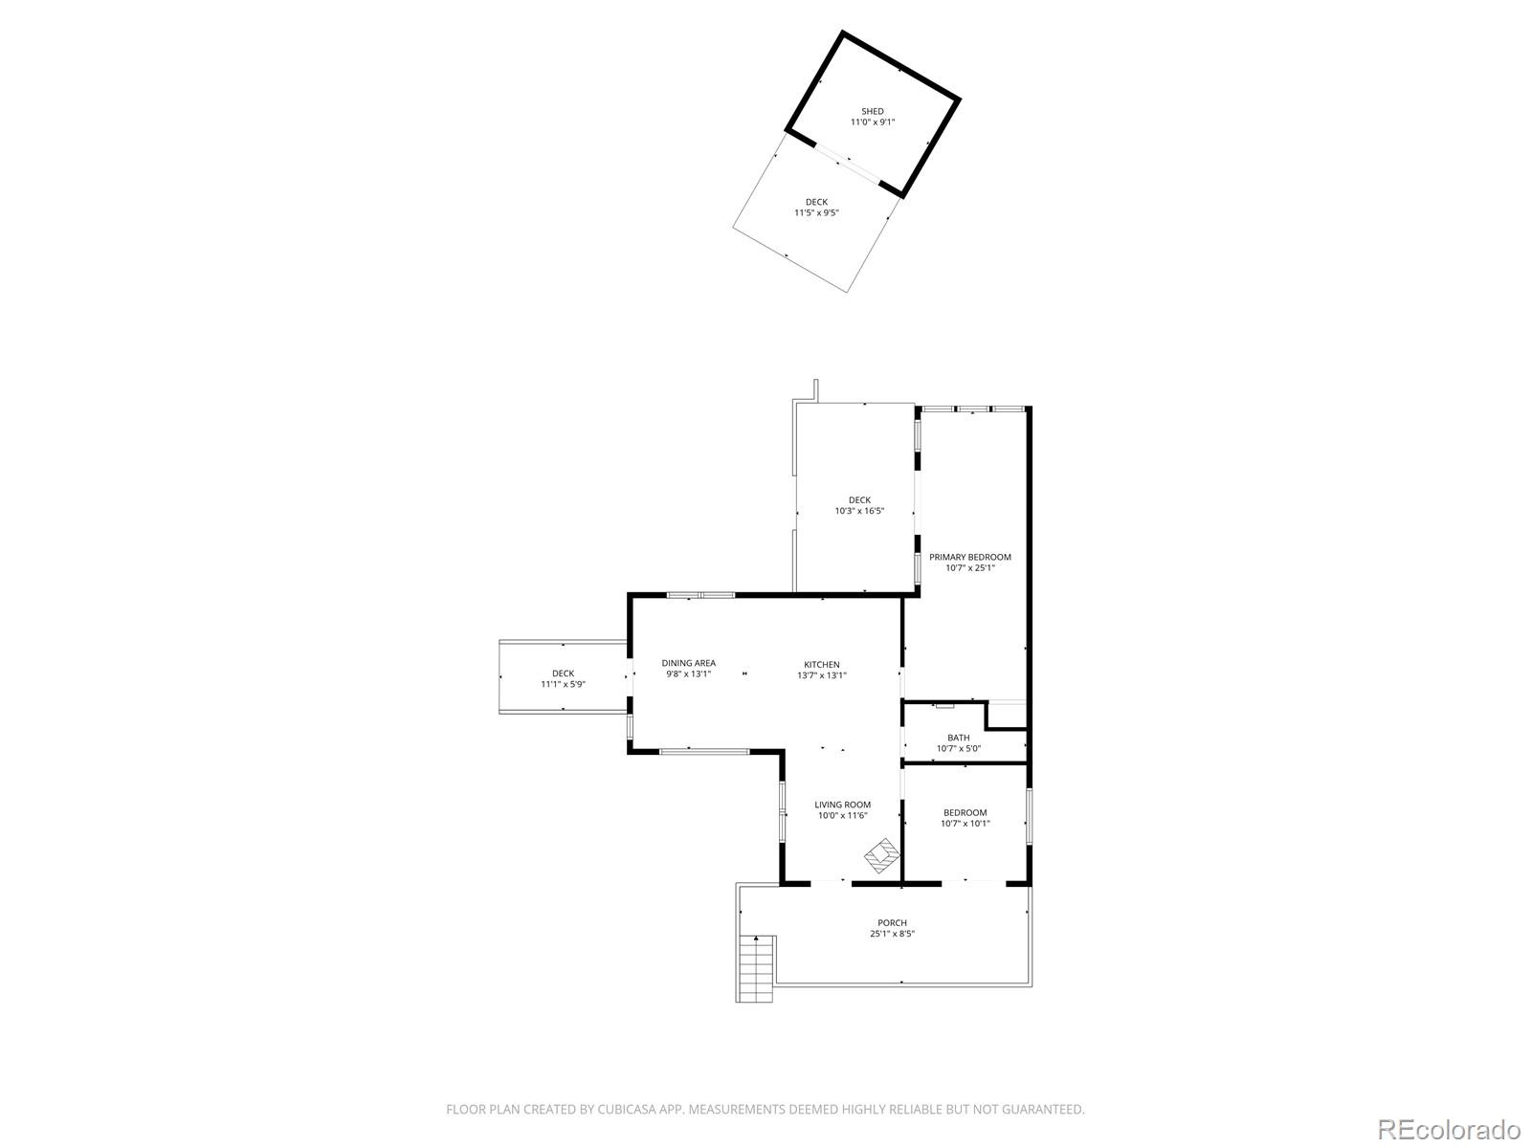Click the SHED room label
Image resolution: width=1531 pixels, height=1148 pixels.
pyautogui.click(x=872, y=111)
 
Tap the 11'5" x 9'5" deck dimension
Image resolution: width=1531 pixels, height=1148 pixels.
pyautogui.click(x=816, y=213)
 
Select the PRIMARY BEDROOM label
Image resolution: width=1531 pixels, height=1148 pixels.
pyautogui.click(x=969, y=557)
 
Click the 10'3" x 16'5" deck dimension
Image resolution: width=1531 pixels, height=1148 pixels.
pyautogui.click(x=859, y=511)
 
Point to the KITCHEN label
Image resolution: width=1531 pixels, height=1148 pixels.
pyautogui.click(x=821, y=664)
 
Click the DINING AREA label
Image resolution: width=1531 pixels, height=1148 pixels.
pyautogui.click(x=688, y=663)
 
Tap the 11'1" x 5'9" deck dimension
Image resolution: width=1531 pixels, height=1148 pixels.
pyautogui.click(x=563, y=684)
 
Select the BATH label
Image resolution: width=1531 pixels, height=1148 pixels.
pyautogui.click(x=958, y=738)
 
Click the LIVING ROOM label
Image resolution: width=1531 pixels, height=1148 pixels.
pyautogui.click(x=842, y=805)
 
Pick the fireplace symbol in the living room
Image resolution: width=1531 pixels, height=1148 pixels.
pyautogui.click(x=882, y=853)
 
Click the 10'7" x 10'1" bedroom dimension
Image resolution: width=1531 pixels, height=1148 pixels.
pyautogui.click(x=965, y=823)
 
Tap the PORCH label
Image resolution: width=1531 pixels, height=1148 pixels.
pyautogui.click(x=892, y=923)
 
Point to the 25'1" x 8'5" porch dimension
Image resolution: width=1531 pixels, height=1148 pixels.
pyautogui.click(x=892, y=934)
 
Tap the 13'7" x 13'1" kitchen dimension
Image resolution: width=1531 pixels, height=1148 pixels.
pyautogui.click(x=821, y=674)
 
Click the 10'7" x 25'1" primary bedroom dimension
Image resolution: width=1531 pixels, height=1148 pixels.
pyautogui.click(x=969, y=567)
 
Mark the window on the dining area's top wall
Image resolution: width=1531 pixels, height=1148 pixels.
pyautogui.click(x=700, y=596)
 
